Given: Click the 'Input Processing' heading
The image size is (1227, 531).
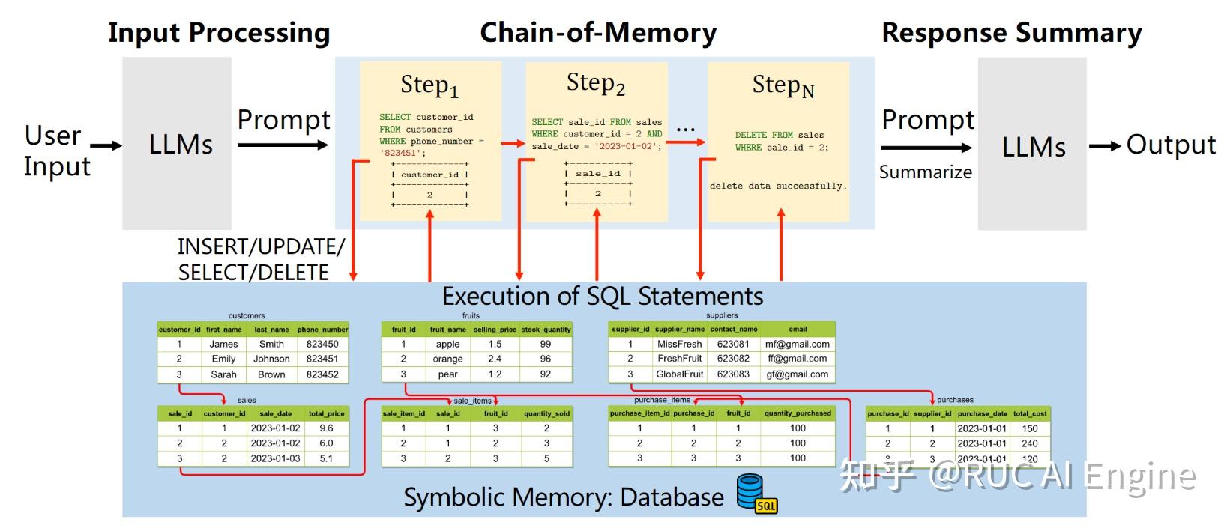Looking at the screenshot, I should (x=219, y=33).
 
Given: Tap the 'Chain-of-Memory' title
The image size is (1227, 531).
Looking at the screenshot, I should (x=597, y=33).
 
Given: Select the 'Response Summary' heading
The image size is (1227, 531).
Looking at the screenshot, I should (x=1011, y=33).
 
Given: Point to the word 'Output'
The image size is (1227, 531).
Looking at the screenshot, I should (x=1170, y=145).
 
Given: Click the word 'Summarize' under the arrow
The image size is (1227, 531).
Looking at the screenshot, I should (x=925, y=172).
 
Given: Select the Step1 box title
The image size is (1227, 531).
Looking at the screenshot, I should (x=429, y=85).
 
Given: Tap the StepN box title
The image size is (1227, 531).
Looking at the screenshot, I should (x=782, y=86).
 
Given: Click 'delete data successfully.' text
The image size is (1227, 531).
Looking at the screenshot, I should (x=778, y=186).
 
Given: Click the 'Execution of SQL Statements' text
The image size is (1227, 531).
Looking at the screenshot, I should (x=602, y=296).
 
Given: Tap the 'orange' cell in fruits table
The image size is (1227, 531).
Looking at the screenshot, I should (x=447, y=359).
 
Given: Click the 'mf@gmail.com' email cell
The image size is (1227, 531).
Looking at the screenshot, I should (x=797, y=344).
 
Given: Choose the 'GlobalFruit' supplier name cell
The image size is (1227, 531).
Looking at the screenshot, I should (x=679, y=374).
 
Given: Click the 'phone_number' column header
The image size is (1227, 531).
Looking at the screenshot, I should (x=322, y=329).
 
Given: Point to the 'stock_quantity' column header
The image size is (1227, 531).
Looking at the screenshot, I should (x=546, y=329).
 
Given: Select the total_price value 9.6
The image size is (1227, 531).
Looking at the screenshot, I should (x=326, y=428).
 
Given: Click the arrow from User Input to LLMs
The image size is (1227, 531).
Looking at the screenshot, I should (x=106, y=146).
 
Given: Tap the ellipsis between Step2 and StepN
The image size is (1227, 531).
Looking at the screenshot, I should (x=685, y=130).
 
